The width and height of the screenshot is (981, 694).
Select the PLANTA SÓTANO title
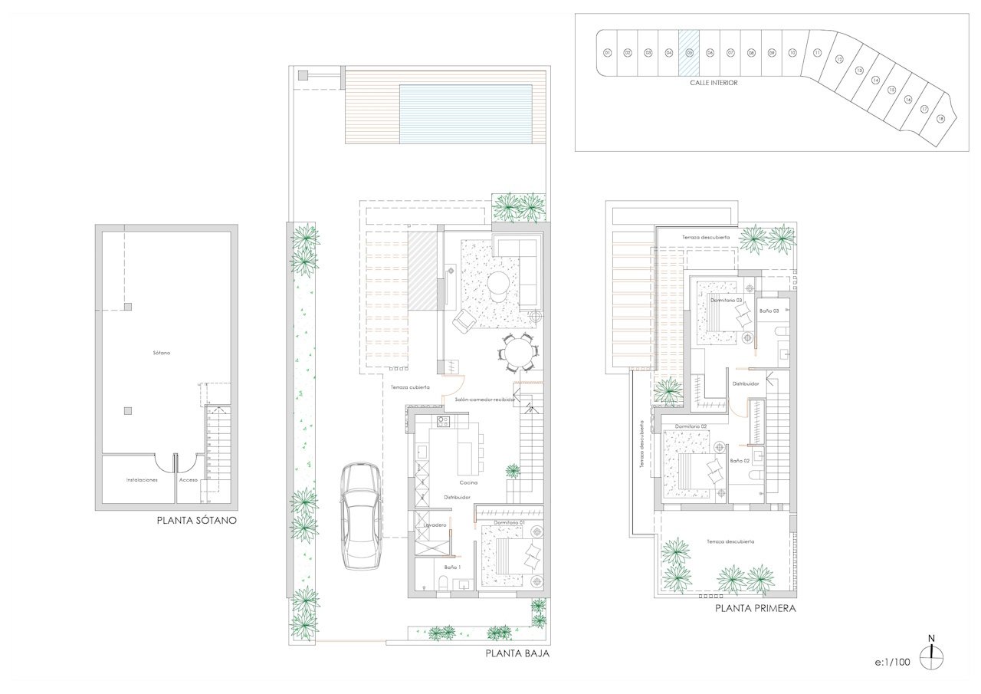coord(196,520)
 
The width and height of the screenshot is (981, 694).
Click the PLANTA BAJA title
coord(517,654)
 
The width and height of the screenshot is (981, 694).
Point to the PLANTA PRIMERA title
coord(755,609)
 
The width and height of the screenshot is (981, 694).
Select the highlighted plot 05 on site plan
coord(689,53)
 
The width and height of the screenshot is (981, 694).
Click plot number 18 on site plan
coord(940,118)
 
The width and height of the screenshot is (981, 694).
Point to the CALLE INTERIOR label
coord(714,83)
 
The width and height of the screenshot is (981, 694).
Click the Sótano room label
coord(161,353)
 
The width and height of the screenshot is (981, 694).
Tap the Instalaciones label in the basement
coord(142,480)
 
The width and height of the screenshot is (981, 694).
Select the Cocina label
coord(469,482)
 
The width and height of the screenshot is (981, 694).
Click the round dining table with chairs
coord(517,354)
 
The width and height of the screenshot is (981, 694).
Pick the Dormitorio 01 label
coord(508,523)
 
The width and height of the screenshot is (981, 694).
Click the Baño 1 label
coord(453,567)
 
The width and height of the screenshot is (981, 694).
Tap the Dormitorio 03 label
coord(726,301)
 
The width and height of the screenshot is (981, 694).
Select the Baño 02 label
coord(740,461)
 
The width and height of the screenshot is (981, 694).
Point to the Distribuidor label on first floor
coord(745,383)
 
